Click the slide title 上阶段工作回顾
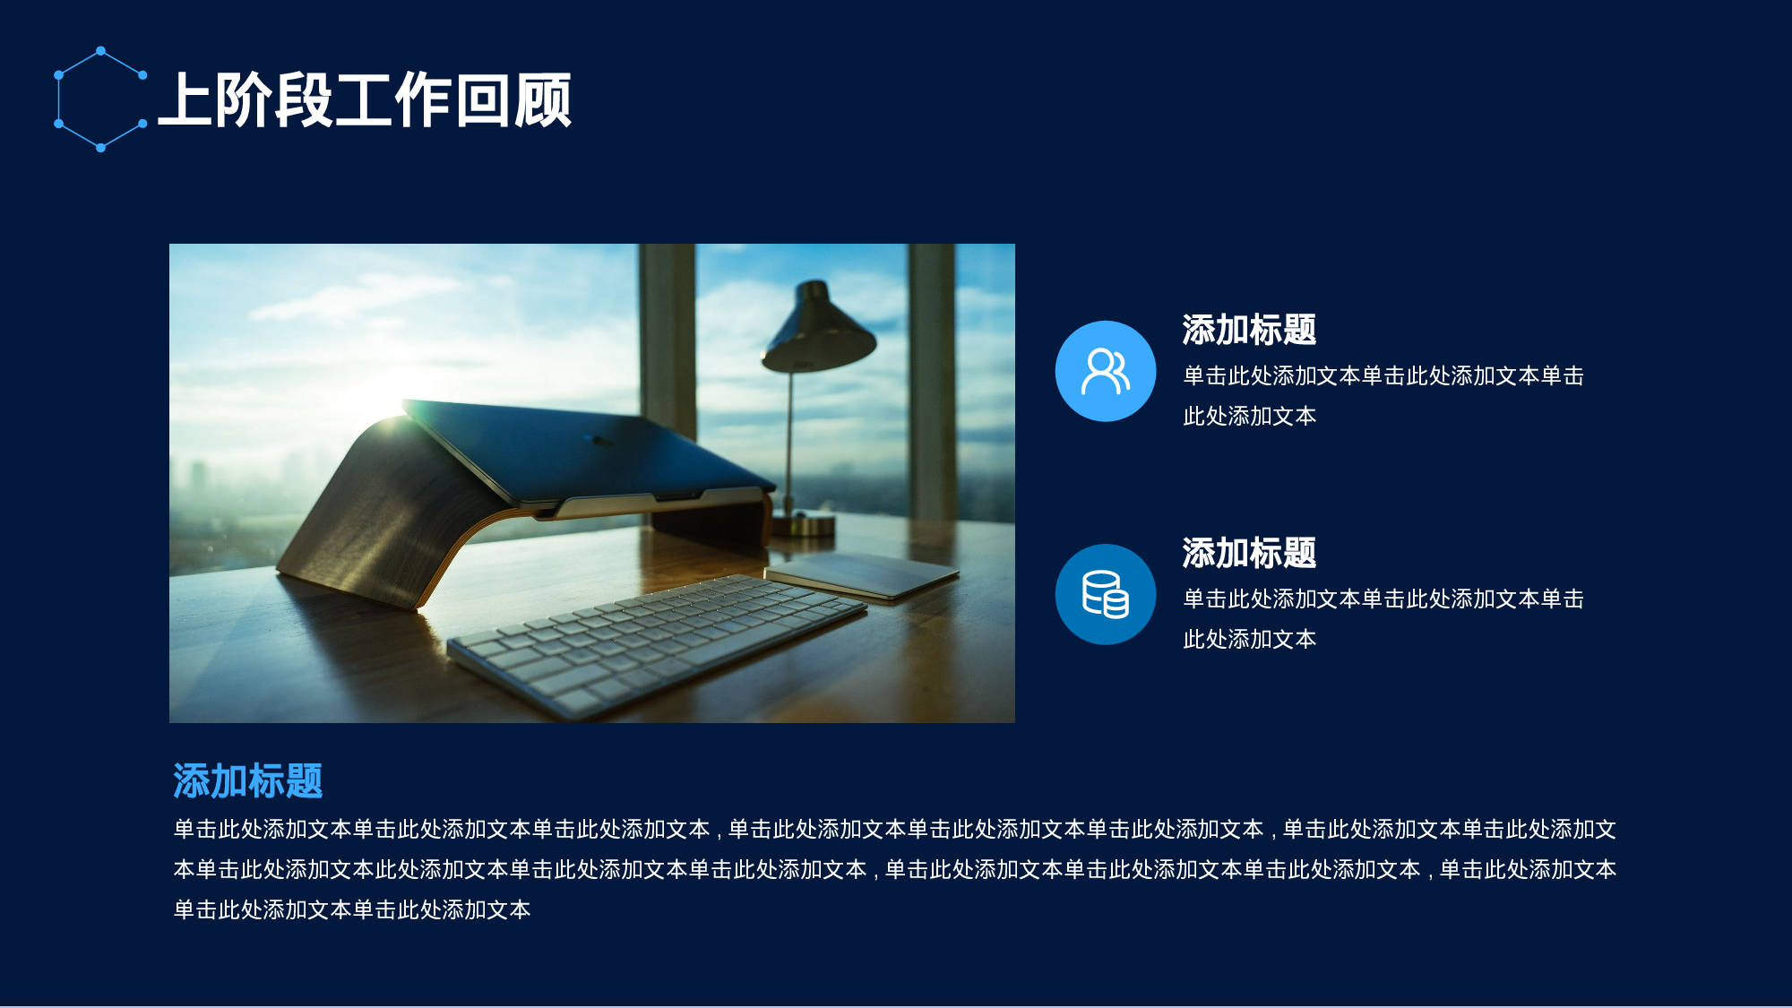(365, 99)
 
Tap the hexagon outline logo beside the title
(100, 99)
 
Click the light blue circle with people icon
(1105, 371)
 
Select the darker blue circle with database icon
(1105, 594)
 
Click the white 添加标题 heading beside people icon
(1249, 330)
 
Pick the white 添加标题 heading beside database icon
(1249, 553)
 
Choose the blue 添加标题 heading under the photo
(247, 780)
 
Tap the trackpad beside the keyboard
(860, 573)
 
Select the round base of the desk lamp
(804, 523)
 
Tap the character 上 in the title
(185, 99)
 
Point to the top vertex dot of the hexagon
(100, 50)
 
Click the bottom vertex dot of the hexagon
(100, 148)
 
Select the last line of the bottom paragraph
(351, 909)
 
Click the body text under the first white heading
(1383, 395)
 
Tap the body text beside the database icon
(1383, 618)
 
